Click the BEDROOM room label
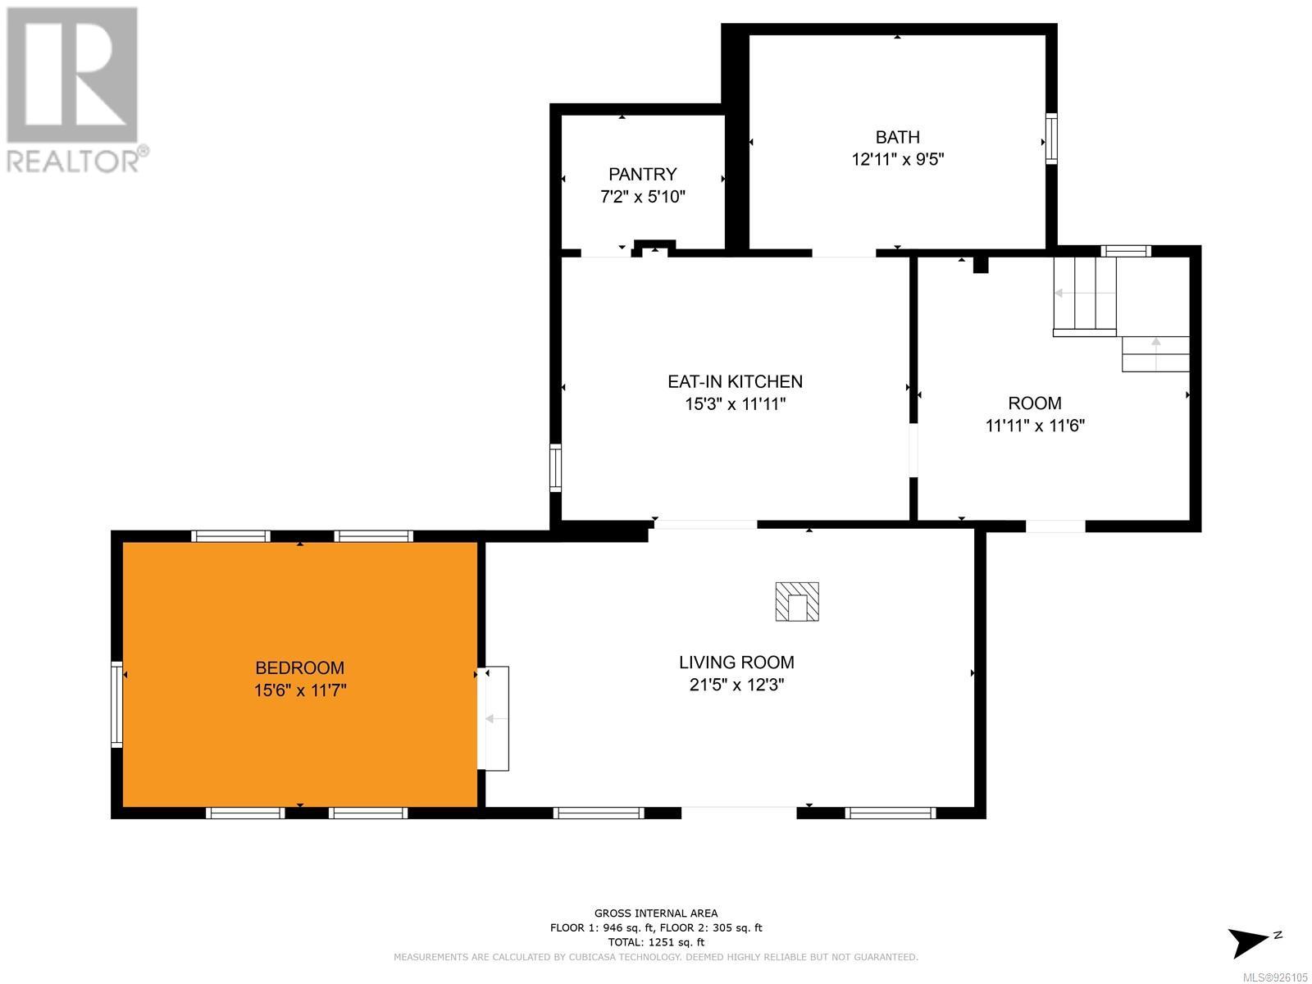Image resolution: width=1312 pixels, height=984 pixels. pyautogui.click(x=299, y=667)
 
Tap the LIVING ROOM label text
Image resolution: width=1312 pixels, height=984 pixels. pyautogui.click(x=736, y=662)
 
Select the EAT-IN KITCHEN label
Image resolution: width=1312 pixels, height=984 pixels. pyautogui.click(x=735, y=381)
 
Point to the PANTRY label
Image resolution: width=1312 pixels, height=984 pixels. pyautogui.click(x=643, y=174)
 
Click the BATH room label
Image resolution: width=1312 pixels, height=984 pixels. pyautogui.click(x=897, y=137)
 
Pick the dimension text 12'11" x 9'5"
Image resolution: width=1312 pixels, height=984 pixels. pyautogui.click(x=898, y=160)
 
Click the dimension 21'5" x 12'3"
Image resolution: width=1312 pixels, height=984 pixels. pyautogui.click(x=736, y=685)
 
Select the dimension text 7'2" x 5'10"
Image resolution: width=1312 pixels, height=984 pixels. pyautogui.click(x=643, y=197)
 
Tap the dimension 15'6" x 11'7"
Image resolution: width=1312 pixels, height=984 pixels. pyautogui.click(x=300, y=690)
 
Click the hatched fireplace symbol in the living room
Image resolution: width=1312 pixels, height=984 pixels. pyautogui.click(x=797, y=602)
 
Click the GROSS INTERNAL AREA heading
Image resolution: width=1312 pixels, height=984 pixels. pyautogui.click(x=656, y=913)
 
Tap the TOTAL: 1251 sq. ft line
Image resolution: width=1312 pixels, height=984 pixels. pyautogui.click(x=656, y=942)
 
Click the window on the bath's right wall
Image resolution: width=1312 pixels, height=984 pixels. pyautogui.click(x=1050, y=139)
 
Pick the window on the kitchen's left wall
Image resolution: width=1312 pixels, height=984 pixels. pyautogui.click(x=555, y=467)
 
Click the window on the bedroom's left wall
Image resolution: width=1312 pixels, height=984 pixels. pyautogui.click(x=116, y=704)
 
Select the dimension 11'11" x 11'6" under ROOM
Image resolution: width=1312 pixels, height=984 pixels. pyautogui.click(x=1035, y=426)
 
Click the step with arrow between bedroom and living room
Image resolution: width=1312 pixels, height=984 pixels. pyautogui.click(x=494, y=719)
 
